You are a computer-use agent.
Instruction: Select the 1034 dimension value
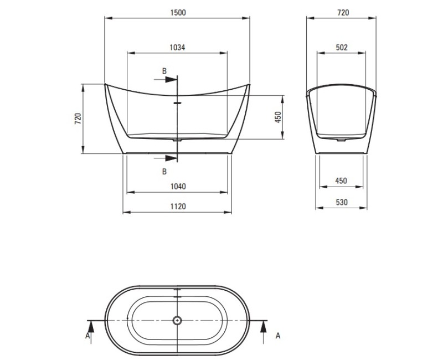177,48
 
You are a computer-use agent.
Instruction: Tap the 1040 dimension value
177,186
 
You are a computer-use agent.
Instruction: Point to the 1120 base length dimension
177,206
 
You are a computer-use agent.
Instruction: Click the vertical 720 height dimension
78,118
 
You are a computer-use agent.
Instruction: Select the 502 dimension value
342,48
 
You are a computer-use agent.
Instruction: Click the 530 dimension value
342,203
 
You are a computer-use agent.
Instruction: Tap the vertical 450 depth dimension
279,117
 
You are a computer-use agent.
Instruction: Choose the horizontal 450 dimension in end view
342,181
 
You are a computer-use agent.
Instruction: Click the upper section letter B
164,71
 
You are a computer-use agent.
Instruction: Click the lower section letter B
164,171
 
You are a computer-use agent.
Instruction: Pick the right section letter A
278,335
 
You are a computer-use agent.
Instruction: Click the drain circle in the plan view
177,320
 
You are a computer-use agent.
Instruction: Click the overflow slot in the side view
177,102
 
